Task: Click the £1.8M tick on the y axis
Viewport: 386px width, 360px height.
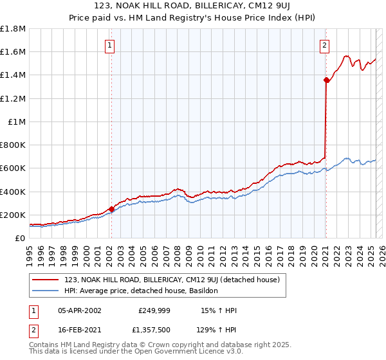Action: click(13, 29)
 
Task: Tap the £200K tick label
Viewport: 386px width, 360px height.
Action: click(13, 215)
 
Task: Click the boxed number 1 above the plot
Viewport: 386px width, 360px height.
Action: click(111, 46)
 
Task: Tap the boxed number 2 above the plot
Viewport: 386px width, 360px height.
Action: click(325, 46)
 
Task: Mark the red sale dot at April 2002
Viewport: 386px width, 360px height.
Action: click(111, 209)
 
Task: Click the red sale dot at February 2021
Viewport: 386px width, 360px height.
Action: click(326, 80)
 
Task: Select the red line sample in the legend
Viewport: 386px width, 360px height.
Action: click(45, 280)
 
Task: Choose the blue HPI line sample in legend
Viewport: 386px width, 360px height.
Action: click(45, 291)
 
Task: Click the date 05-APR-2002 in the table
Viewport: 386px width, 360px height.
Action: click(79, 310)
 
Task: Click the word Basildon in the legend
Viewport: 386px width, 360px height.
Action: click(202, 291)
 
